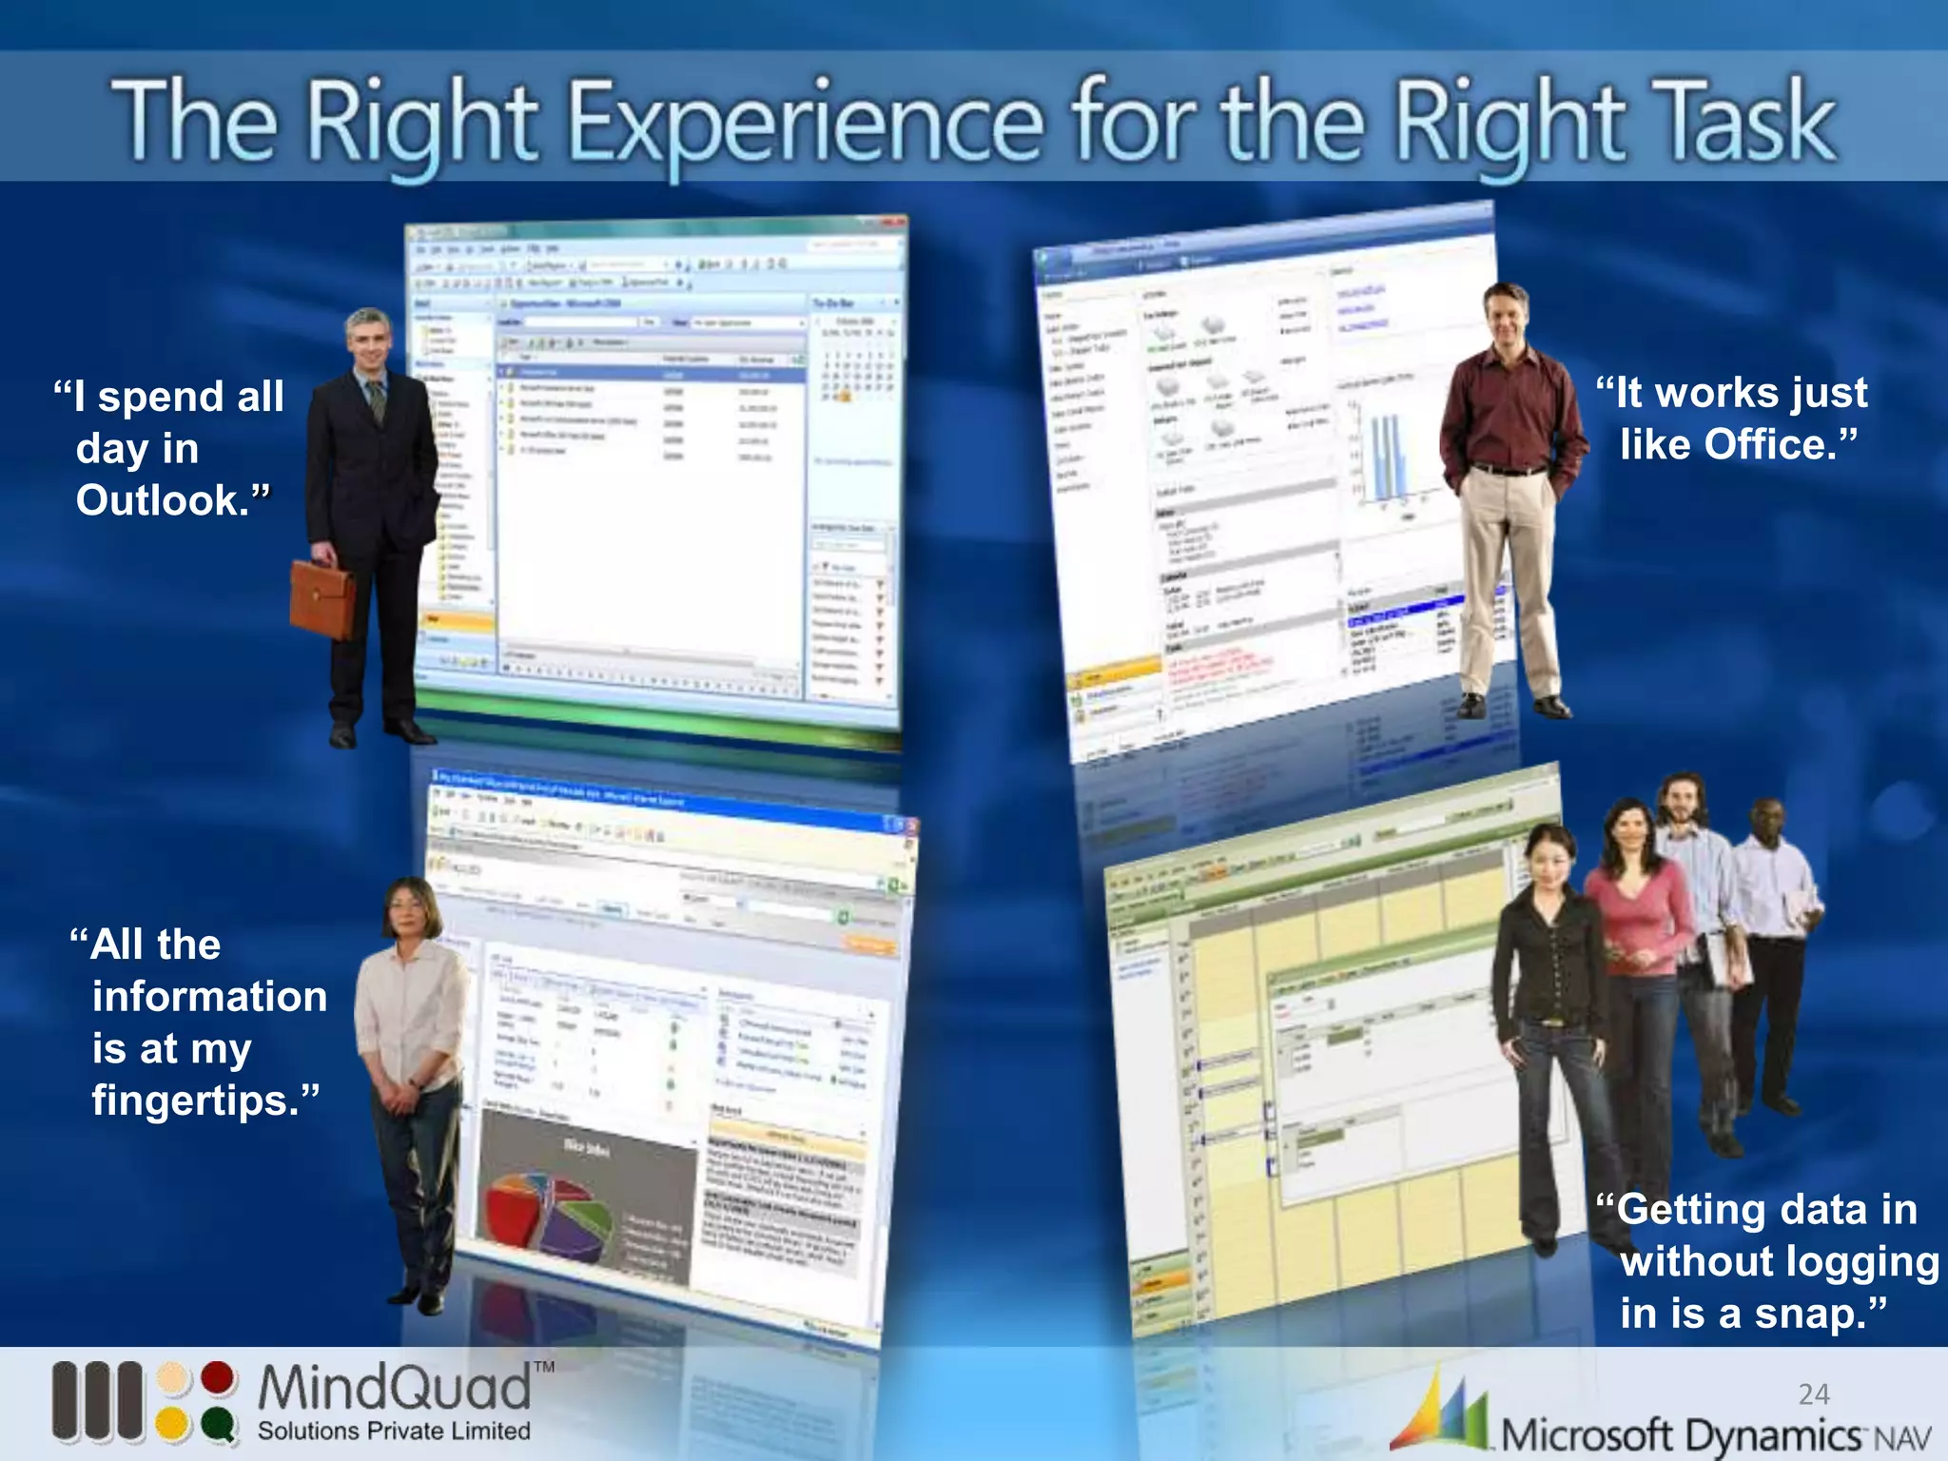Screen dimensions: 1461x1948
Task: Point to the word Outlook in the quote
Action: click(x=162, y=501)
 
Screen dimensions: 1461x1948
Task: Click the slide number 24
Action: click(x=1814, y=1394)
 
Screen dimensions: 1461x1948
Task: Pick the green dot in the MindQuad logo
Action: click(x=218, y=1424)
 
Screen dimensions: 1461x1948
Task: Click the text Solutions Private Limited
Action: click(x=394, y=1432)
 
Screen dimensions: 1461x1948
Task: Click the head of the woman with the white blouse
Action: click(x=411, y=909)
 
